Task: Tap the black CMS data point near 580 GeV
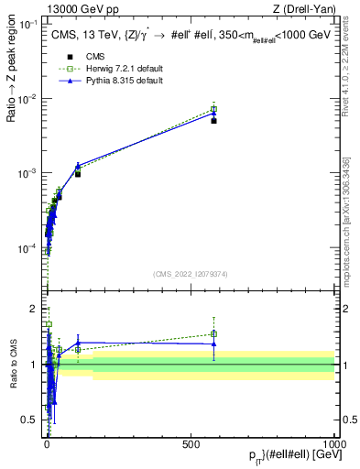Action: point(213,120)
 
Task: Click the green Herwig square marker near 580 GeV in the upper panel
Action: point(213,109)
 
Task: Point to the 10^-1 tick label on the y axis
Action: point(27,23)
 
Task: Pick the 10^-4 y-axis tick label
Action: point(27,248)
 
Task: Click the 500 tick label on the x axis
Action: point(191,442)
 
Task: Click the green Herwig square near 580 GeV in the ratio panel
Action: point(213,334)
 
